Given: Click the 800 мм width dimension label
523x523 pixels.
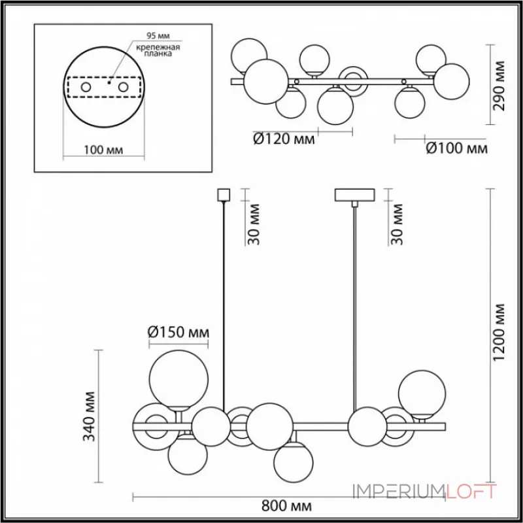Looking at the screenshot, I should pyautogui.click(x=285, y=506).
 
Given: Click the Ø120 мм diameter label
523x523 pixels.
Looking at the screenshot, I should pyautogui.click(x=283, y=139).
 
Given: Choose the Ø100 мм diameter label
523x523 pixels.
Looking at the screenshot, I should pyautogui.click(x=456, y=149).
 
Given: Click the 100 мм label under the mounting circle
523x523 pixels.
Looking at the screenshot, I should pyautogui.click(x=105, y=150).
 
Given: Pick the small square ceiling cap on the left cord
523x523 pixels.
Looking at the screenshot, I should pyautogui.click(x=224, y=195).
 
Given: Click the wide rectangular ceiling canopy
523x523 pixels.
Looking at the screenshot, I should pyautogui.click(x=354, y=195).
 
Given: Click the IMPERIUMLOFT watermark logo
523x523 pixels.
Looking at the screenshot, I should pyautogui.click(x=426, y=490).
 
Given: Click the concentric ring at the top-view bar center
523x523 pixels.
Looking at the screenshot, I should pyautogui.click(x=356, y=82).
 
